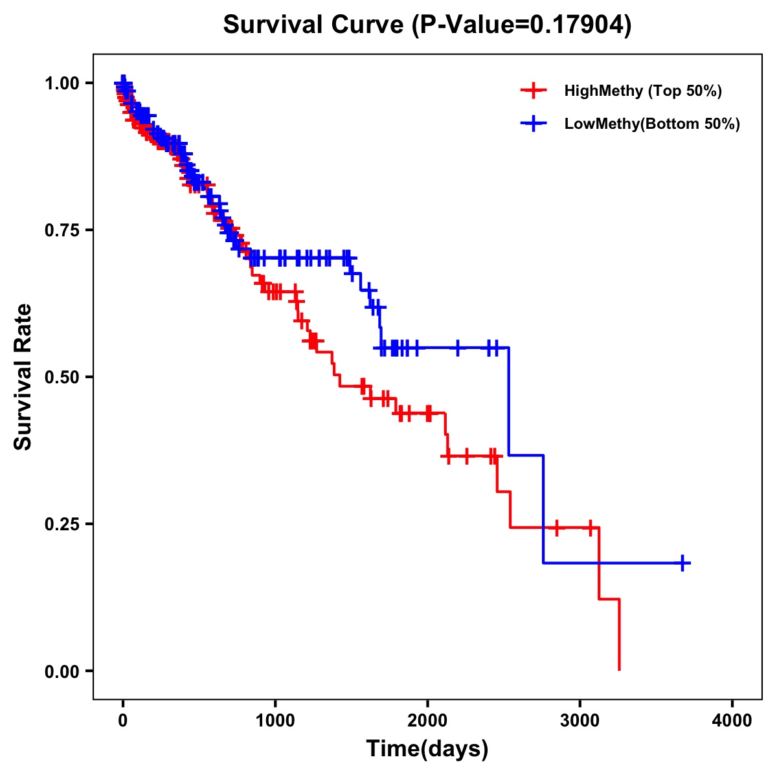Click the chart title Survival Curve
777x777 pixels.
click(427, 25)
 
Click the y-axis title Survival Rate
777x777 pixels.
click(23, 376)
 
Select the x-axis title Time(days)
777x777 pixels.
click(427, 749)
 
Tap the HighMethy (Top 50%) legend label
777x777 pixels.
click(642, 91)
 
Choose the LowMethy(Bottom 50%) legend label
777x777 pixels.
click(652, 124)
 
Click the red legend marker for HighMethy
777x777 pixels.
click(533, 91)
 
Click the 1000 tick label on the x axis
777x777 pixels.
click(275, 720)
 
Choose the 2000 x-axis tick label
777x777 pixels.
click(427, 720)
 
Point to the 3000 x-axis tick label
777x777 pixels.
click(580, 720)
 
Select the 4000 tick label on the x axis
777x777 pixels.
click(732, 720)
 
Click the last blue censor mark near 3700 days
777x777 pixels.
click(682, 563)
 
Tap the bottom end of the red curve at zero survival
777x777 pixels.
click(620, 670)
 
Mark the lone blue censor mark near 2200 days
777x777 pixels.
click(458, 348)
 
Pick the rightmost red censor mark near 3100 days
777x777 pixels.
click(591, 528)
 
